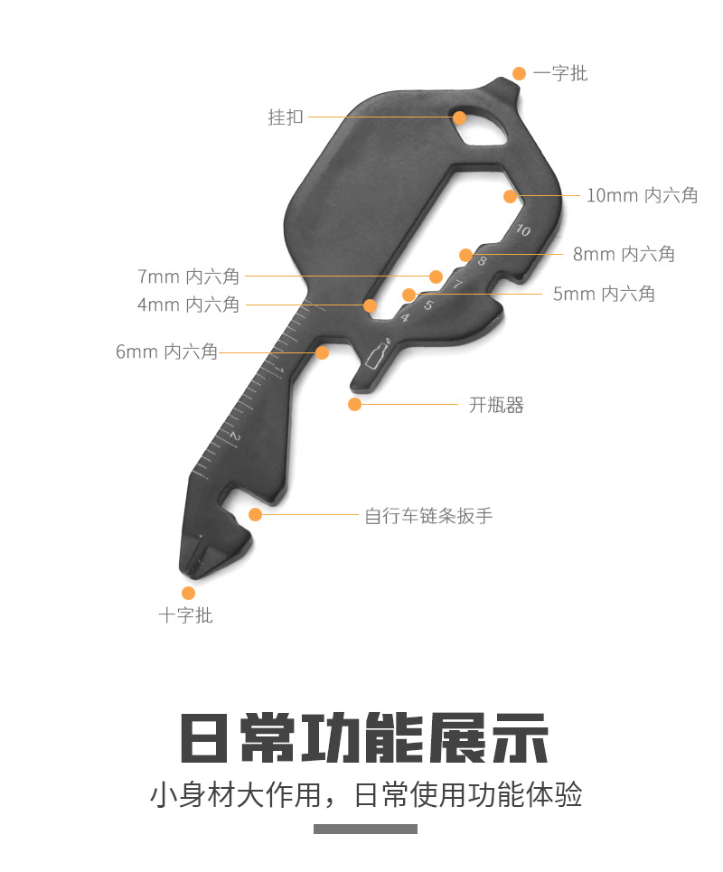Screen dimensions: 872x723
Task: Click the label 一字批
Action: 560,73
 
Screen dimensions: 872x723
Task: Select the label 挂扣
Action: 286,117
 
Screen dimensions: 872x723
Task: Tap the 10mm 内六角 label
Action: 642,195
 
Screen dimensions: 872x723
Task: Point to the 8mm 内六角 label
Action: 624,254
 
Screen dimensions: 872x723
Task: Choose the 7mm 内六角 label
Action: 188,277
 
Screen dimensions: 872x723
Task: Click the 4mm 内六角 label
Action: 188,305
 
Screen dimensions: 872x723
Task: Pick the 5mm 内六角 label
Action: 604,294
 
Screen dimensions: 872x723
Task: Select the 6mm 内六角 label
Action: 166,352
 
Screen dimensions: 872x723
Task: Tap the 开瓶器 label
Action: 496,405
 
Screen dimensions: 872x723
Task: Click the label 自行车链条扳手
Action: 428,516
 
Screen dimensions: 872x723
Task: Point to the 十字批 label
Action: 185,615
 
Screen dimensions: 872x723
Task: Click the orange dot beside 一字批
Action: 519,73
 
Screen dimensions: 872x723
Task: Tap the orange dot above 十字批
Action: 188,593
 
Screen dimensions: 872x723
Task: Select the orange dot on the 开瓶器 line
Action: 355,404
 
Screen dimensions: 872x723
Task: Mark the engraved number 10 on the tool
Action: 522,230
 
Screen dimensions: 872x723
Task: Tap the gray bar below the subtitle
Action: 365,829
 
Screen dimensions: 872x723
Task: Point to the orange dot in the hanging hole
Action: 459,117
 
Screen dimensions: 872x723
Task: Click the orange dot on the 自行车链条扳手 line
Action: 255,515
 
